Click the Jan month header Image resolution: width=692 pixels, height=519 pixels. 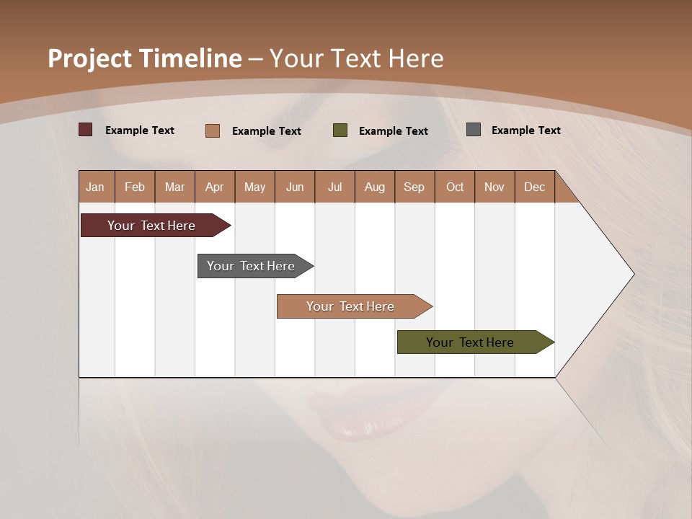point(95,187)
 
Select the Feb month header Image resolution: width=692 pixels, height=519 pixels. point(135,187)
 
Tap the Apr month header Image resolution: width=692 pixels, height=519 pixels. point(214,187)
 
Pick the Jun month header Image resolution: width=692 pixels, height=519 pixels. point(295,187)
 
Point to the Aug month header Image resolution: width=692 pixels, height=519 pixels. point(374,187)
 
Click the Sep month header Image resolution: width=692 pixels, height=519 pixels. point(414,187)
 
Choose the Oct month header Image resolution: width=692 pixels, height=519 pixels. point(455,187)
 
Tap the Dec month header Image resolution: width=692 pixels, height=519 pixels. point(534,187)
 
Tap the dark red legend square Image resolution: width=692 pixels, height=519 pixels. point(86,130)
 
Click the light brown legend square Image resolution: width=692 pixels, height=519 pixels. point(213,130)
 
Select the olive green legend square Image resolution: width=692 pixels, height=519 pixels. point(340,130)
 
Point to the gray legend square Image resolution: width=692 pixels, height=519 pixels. point(474,130)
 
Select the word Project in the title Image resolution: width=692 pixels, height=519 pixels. point(89,58)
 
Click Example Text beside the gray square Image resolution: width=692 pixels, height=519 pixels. point(525,130)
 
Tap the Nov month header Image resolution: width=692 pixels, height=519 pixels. point(494,187)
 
